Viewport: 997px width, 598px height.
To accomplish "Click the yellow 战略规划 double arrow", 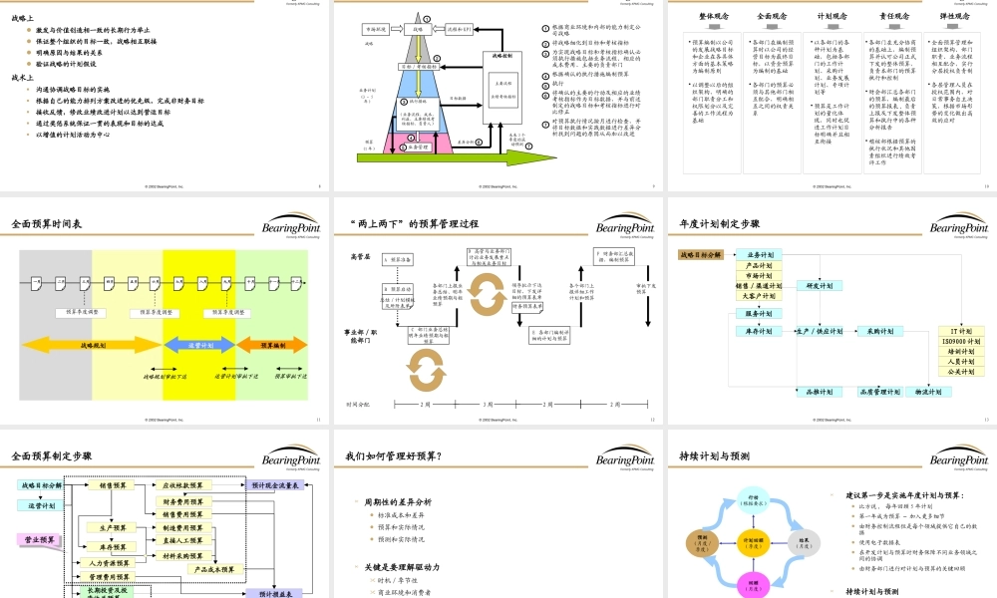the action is point(90,345).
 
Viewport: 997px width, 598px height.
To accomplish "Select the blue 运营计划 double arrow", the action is point(199,345).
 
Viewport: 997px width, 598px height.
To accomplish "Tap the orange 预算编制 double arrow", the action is point(271,345).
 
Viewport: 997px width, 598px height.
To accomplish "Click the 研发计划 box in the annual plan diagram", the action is point(820,286).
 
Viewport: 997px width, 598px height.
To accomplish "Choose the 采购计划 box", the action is point(878,331).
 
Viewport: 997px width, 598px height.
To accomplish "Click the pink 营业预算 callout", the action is point(40,540).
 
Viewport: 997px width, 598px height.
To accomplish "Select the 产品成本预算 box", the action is point(212,569).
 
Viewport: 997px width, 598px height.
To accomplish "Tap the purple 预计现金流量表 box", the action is point(274,485).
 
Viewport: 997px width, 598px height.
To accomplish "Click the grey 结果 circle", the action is point(805,543).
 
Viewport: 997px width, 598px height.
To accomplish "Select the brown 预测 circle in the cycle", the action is point(702,543).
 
